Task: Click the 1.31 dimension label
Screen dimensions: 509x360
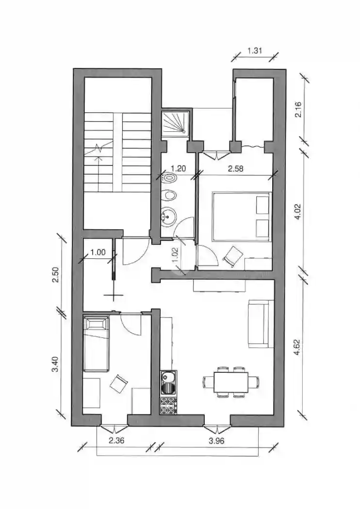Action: coord(255,50)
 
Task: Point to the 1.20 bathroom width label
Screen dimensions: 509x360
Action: coord(179,169)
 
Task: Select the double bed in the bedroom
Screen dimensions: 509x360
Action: coord(242,216)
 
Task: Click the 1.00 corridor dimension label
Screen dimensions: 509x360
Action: coord(98,253)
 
